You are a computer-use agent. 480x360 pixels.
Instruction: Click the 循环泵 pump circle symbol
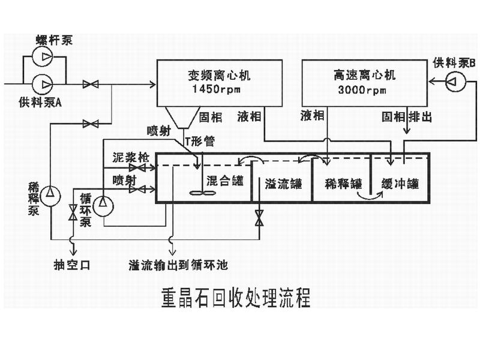103,205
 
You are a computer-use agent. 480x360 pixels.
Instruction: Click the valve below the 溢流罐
259,218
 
